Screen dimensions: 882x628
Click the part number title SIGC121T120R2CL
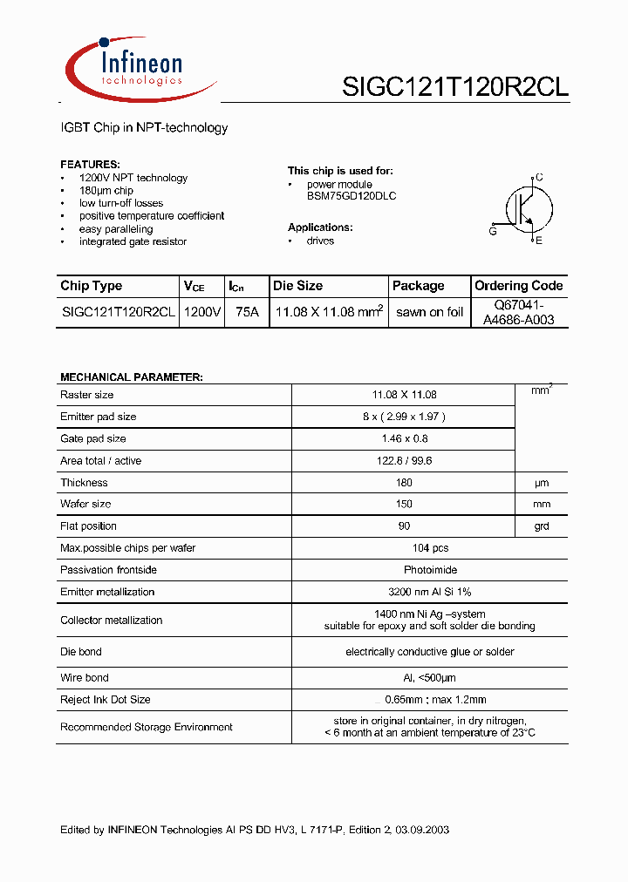tap(456, 87)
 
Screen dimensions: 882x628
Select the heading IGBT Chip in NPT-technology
tap(144, 127)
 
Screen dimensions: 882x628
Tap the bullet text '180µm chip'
tap(106, 190)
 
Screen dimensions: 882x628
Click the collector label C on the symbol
tap(539, 177)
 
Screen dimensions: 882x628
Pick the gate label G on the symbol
tap(493, 231)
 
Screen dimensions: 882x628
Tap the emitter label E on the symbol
tap(539, 241)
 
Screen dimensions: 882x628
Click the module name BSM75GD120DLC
tap(352, 196)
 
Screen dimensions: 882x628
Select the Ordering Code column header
tap(518, 286)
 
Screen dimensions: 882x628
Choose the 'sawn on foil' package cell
tap(429, 312)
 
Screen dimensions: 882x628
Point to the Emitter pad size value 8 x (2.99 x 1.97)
tap(404, 417)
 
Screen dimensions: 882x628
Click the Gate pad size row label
tap(93, 438)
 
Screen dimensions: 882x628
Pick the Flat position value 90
tap(404, 526)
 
